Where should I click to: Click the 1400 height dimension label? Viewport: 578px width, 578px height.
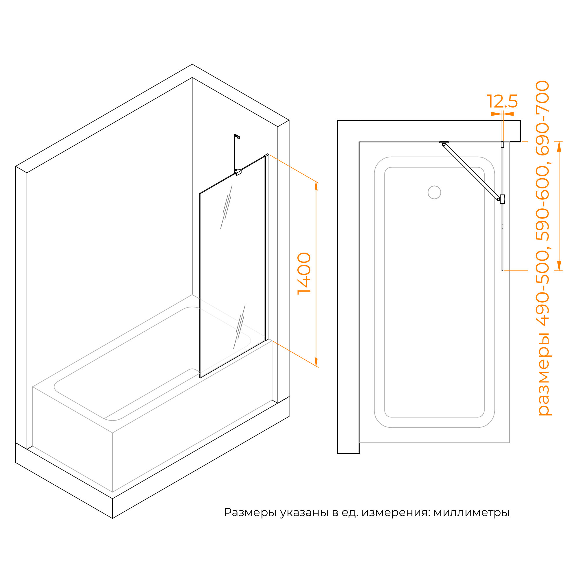[x=304, y=273]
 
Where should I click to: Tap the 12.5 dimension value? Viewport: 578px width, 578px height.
[x=502, y=101]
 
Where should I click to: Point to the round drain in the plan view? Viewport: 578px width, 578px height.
[x=434, y=192]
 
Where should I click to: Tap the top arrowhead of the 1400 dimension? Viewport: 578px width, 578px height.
[x=316, y=186]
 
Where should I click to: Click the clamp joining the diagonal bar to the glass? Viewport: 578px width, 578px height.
[x=502, y=199]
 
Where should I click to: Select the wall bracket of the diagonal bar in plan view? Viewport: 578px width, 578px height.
[x=444, y=143]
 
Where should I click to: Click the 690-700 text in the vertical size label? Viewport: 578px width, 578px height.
[x=543, y=118]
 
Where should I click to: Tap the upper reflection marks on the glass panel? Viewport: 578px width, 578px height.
[x=227, y=207]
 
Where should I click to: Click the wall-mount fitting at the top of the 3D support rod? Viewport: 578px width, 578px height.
[x=237, y=136]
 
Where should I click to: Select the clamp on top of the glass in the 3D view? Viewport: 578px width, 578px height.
[x=238, y=172]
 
